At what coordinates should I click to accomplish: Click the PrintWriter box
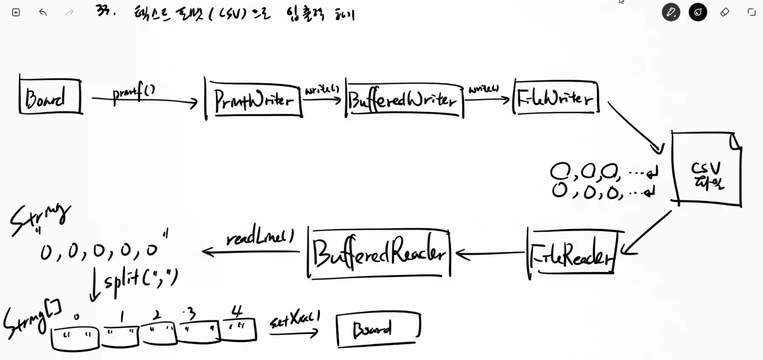tap(253, 99)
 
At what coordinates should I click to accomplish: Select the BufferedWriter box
tap(404, 100)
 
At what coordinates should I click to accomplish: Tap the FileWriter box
tap(555, 98)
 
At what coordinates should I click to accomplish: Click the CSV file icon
tap(707, 169)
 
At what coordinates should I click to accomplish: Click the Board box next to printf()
tap(51, 96)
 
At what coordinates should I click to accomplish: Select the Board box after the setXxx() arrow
tap(378, 329)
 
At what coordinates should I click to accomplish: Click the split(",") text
tap(141, 280)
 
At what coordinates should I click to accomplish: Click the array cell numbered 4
tap(239, 330)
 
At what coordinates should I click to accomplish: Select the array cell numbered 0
tap(76, 338)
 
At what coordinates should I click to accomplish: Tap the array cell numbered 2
tap(157, 333)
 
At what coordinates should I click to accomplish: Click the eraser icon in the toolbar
tap(724, 12)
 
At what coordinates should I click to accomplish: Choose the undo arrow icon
tap(43, 12)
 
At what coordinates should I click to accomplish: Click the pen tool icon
tap(671, 12)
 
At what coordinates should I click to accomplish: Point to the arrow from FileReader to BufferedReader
tap(491, 254)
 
